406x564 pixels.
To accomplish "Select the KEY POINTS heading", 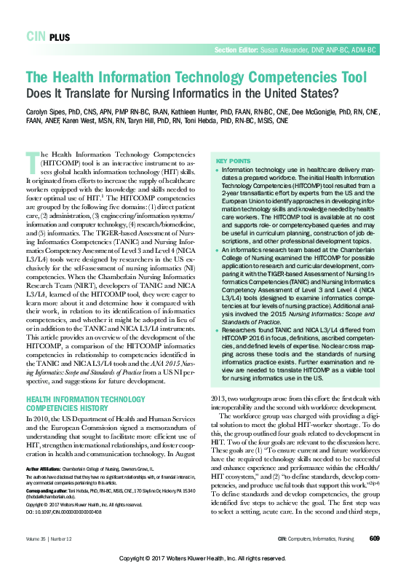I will click(231, 160).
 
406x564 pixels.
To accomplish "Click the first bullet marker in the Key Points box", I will click(214, 168).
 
